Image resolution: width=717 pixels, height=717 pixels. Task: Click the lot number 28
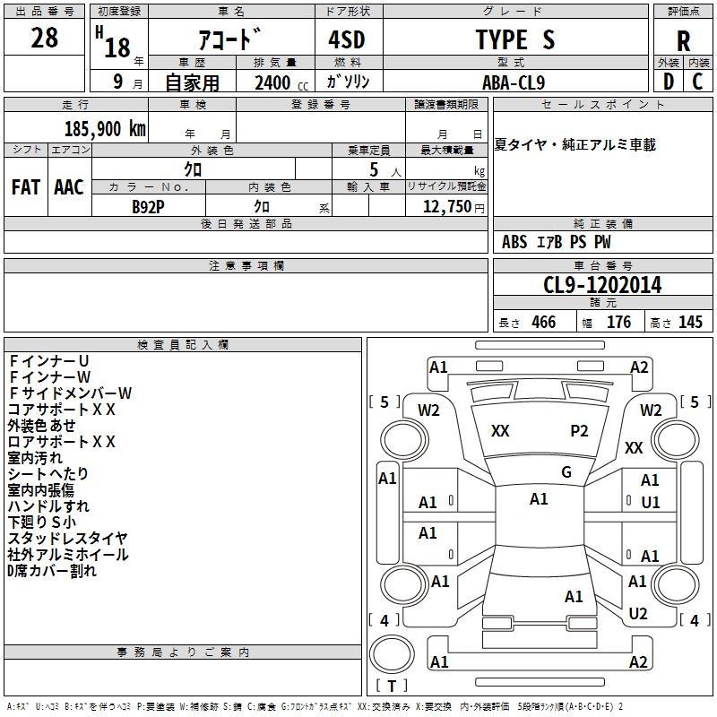(x=44, y=38)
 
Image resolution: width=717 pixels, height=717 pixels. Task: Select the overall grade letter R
(x=683, y=41)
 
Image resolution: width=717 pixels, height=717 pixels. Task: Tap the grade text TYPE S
(x=515, y=39)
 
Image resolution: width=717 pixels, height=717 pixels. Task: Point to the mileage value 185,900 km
(x=105, y=128)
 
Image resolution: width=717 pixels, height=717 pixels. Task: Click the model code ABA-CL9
(x=514, y=82)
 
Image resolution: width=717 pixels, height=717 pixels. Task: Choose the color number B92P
(x=148, y=207)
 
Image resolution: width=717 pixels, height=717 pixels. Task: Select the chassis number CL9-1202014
(x=602, y=284)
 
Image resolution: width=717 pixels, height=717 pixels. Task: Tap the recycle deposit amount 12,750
(x=446, y=206)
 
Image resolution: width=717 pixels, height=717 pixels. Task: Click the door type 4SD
(x=347, y=39)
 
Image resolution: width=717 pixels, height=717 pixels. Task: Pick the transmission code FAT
(x=26, y=187)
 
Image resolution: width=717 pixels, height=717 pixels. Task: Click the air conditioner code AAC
(x=69, y=187)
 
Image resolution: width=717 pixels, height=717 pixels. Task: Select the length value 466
(x=543, y=322)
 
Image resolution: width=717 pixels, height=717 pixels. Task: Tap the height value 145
(x=690, y=322)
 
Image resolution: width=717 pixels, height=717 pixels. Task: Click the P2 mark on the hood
(x=579, y=431)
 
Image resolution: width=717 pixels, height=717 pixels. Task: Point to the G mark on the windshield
(x=566, y=472)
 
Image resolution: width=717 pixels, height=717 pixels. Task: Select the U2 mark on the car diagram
(x=638, y=614)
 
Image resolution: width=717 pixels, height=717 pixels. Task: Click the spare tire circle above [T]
(x=392, y=653)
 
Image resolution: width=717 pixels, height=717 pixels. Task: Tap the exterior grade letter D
(x=669, y=82)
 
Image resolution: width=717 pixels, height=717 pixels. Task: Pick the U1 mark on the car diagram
(x=651, y=503)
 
